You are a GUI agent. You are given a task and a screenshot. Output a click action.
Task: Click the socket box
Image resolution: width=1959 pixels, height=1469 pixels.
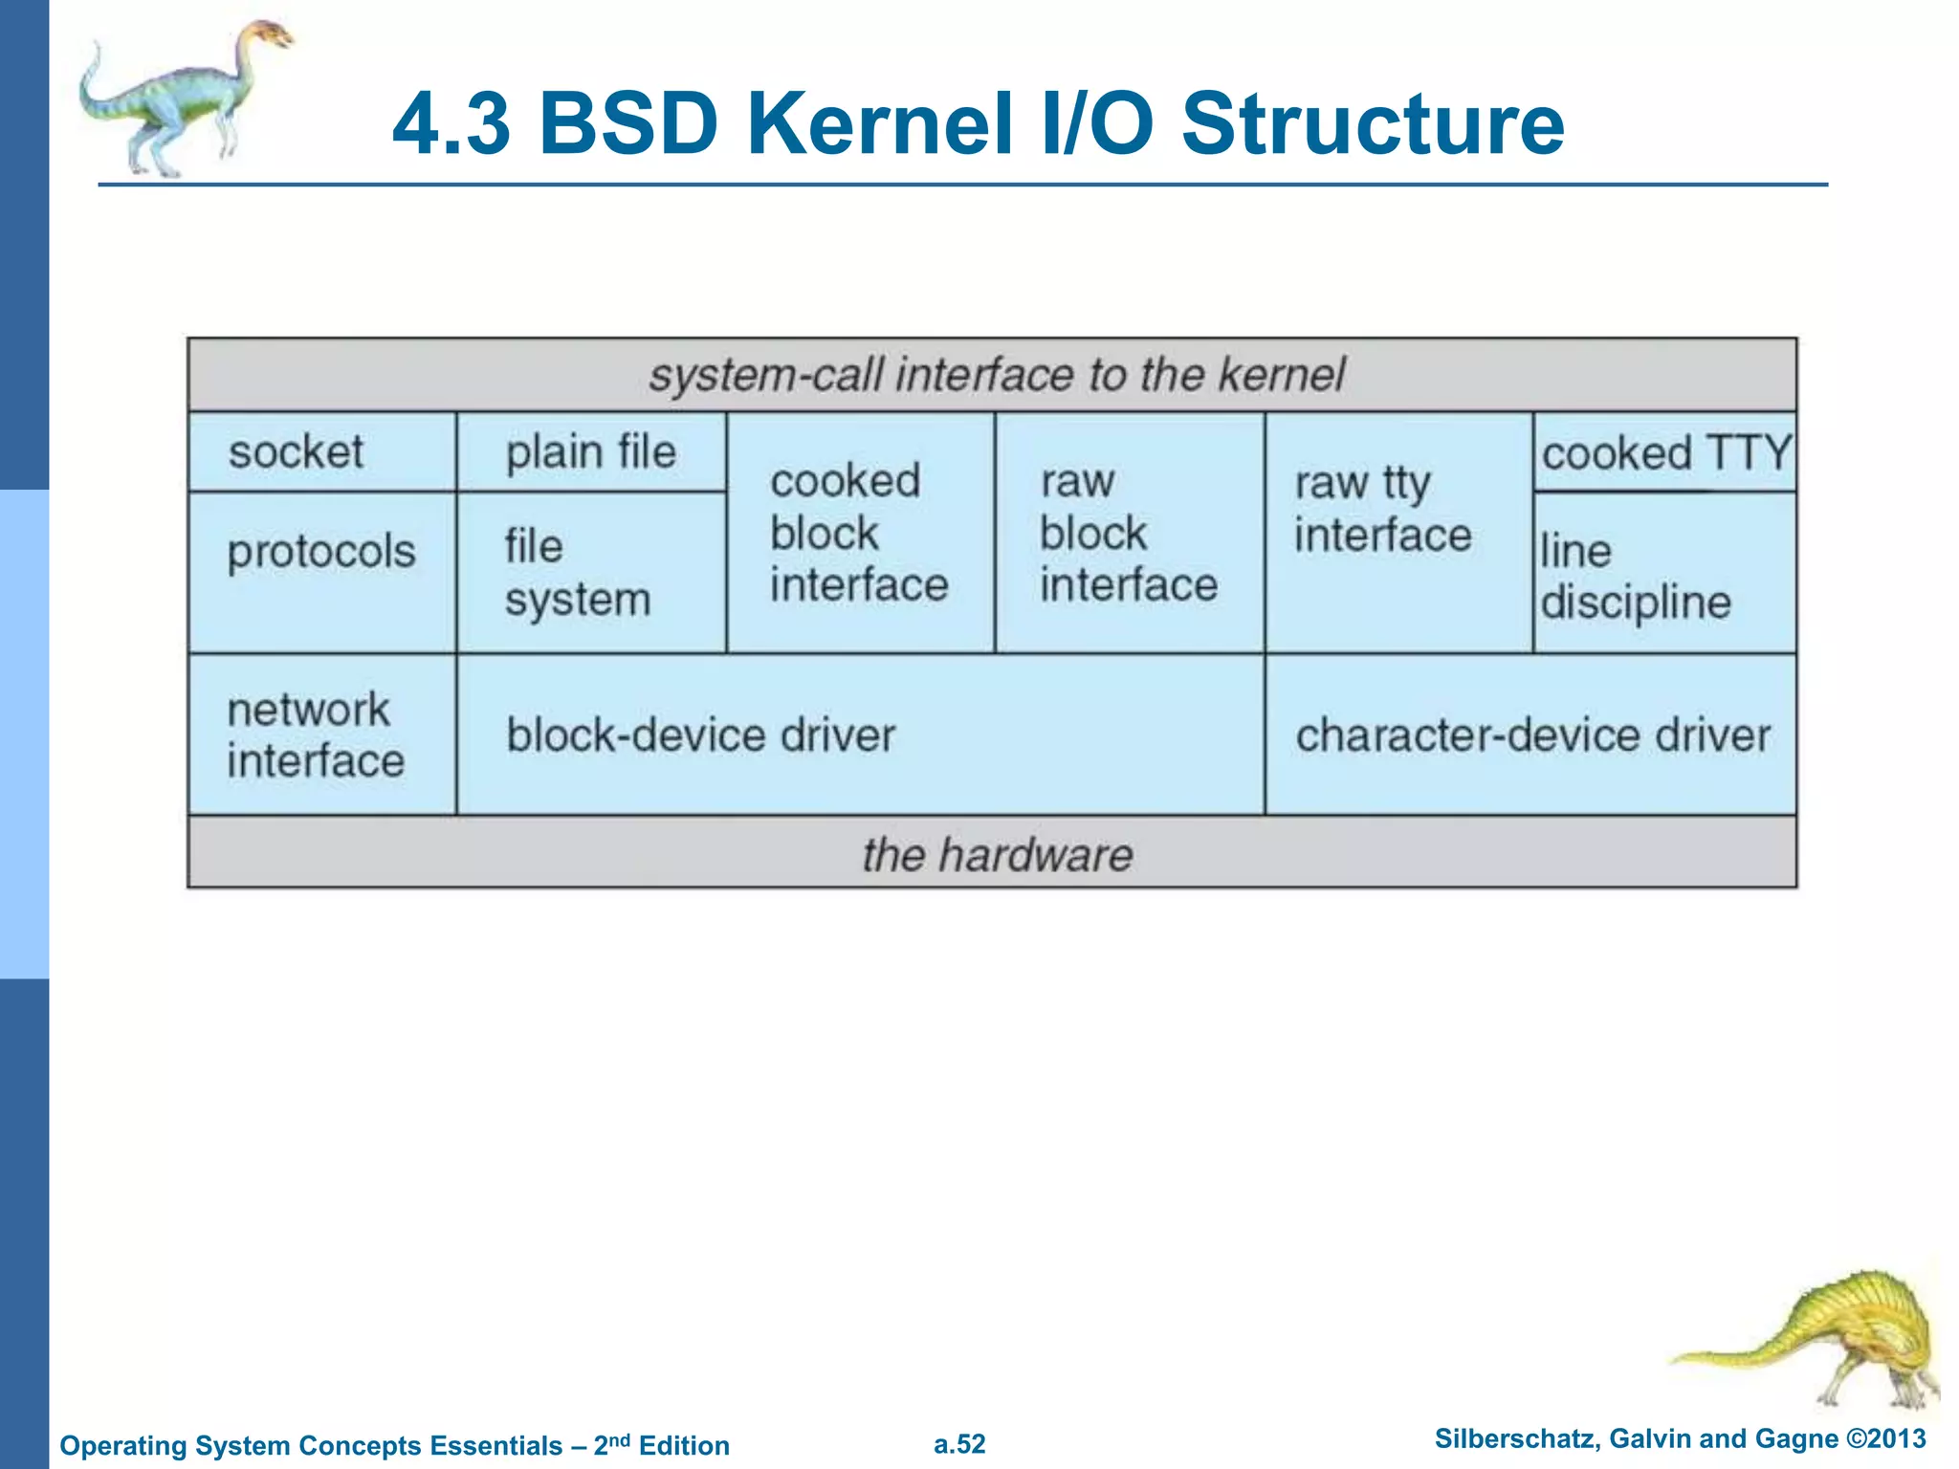pyautogui.click(x=321, y=451)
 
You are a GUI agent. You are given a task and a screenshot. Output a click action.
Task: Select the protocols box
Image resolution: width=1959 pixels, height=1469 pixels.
pyautogui.click(x=321, y=572)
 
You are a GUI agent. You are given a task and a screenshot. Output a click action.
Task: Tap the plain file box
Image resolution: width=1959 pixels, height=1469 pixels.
pyautogui.click(x=591, y=451)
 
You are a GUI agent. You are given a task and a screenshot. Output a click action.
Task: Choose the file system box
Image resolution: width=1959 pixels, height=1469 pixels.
pyautogui.click(x=591, y=573)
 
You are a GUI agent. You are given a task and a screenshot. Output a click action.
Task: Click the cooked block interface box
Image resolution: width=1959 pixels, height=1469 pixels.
pyautogui.click(x=860, y=533)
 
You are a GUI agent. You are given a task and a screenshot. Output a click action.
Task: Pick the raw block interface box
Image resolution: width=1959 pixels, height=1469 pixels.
pyautogui.click(x=1130, y=533)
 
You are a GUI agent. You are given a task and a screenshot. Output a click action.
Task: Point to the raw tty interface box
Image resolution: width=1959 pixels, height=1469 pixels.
pyautogui.click(x=1398, y=533)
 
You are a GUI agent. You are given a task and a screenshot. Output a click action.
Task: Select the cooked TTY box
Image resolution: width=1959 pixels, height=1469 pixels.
pyautogui.click(x=1665, y=452)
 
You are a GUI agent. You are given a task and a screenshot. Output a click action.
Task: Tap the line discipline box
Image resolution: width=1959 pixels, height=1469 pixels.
pyautogui.click(x=1664, y=574)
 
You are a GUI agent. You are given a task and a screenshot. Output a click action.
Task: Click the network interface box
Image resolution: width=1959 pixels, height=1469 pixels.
pyautogui.click(x=321, y=734)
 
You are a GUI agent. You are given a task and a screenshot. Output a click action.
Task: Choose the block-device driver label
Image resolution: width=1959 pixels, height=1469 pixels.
pyautogui.click(x=701, y=735)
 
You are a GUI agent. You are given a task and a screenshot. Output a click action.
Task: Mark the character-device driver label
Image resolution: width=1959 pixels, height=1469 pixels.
pyautogui.click(x=1532, y=735)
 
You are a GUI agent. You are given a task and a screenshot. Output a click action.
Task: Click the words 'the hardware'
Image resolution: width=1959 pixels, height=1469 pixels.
pyautogui.click(x=997, y=854)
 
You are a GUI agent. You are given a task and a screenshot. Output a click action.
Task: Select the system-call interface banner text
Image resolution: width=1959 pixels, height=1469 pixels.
pyautogui.click(x=997, y=375)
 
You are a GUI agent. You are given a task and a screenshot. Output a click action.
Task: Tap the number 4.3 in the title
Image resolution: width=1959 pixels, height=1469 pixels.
pyautogui.click(x=451, y=124)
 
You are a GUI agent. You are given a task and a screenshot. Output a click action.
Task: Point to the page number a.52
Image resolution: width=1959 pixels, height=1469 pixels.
pyautogui.click(x=959, y=1444)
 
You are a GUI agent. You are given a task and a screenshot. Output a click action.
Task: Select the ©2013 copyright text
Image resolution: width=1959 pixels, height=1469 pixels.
pyautogui.click(x=1885, y=1439)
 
